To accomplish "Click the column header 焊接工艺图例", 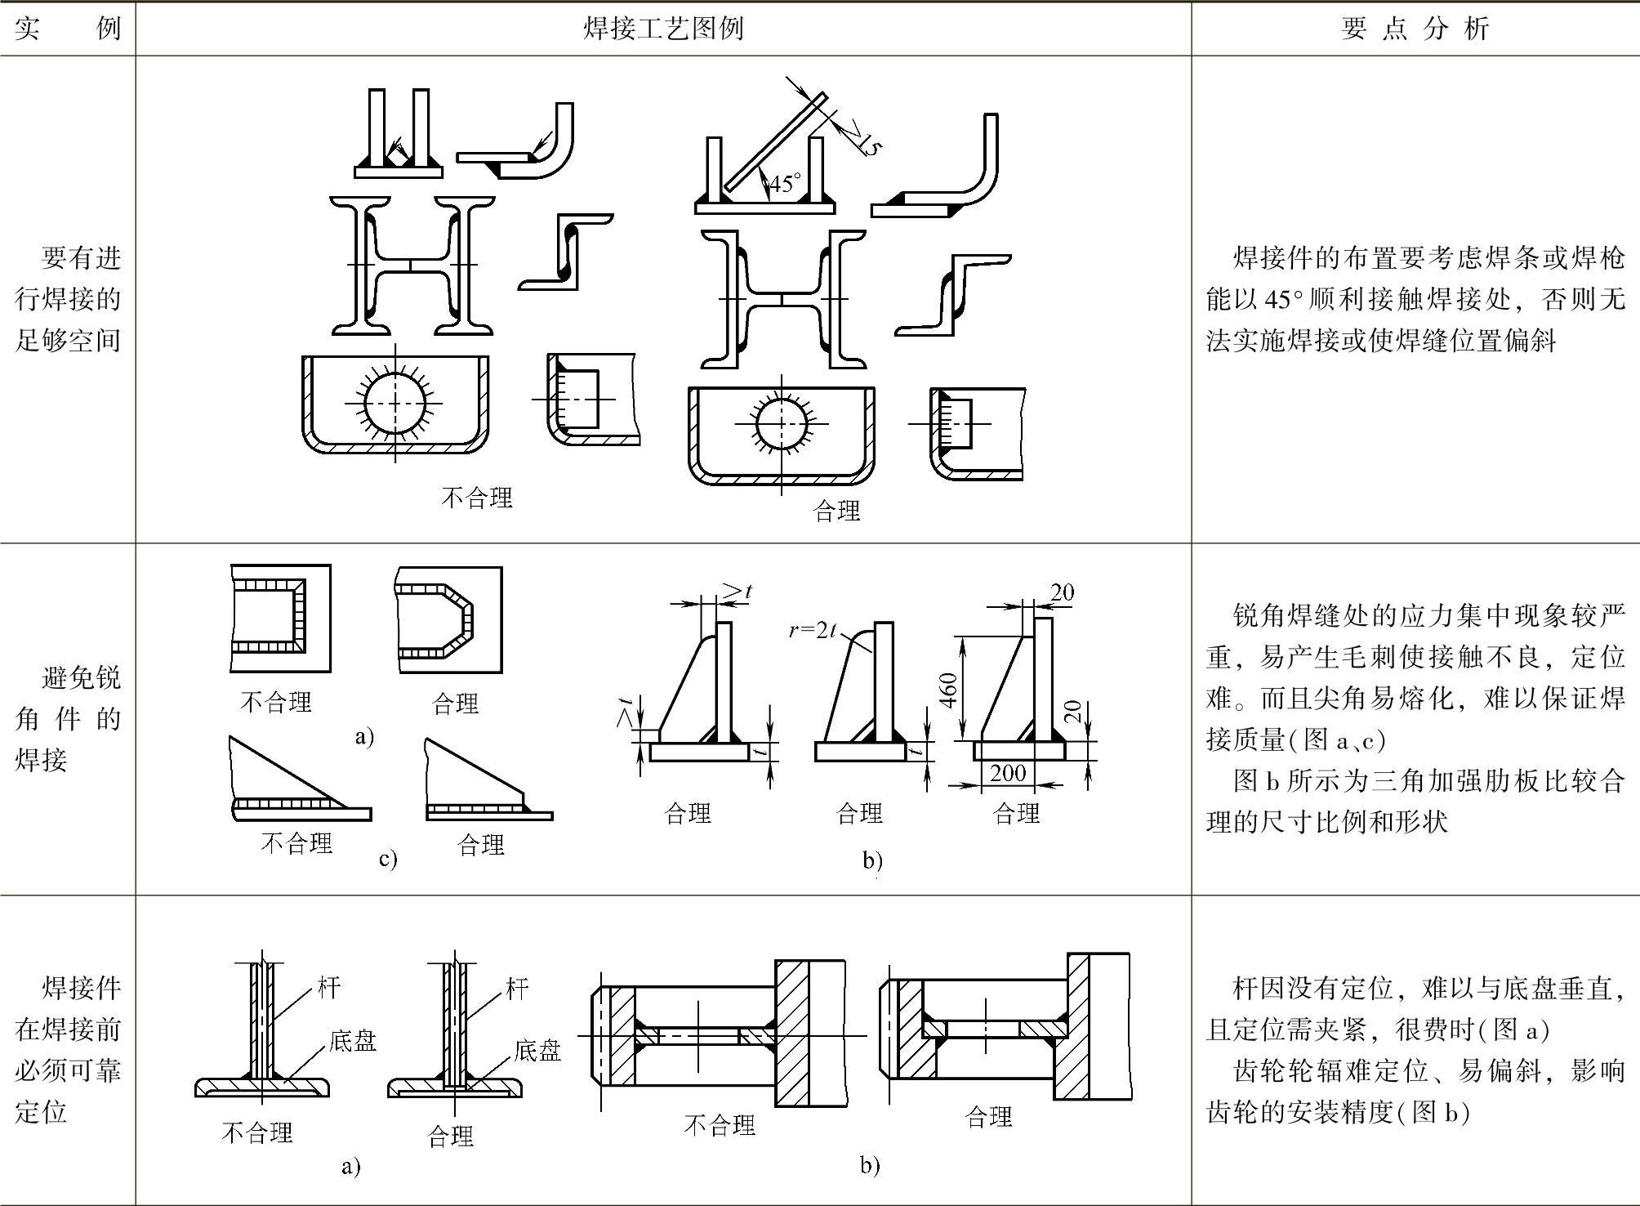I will (x=663, y=29).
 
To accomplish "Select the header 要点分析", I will (x=1415, y=29).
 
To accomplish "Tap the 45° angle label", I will (x=785, y=183).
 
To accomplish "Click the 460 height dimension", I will (x=948, y=691).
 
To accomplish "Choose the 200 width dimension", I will (x=1007, y=773).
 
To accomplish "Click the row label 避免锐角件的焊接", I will (x=68, y=719).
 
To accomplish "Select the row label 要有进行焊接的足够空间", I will (x=68, y=299).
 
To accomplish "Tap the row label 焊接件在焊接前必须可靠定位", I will (x=68, y=1050).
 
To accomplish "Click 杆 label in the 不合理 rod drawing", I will (x=328, y=987).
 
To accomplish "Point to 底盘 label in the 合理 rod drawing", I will (x=537, y=1051).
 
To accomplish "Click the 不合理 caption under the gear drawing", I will (x=719, y=1126).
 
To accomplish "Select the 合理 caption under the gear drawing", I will (x=988, y=1117).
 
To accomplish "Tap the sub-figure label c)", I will (x=388, y=859).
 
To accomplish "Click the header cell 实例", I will (x=68, y=29).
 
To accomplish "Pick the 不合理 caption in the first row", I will (x=476, y=498).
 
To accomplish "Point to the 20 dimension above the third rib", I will (x=1061, y=592).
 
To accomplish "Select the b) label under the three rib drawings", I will (x=872, y=860).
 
